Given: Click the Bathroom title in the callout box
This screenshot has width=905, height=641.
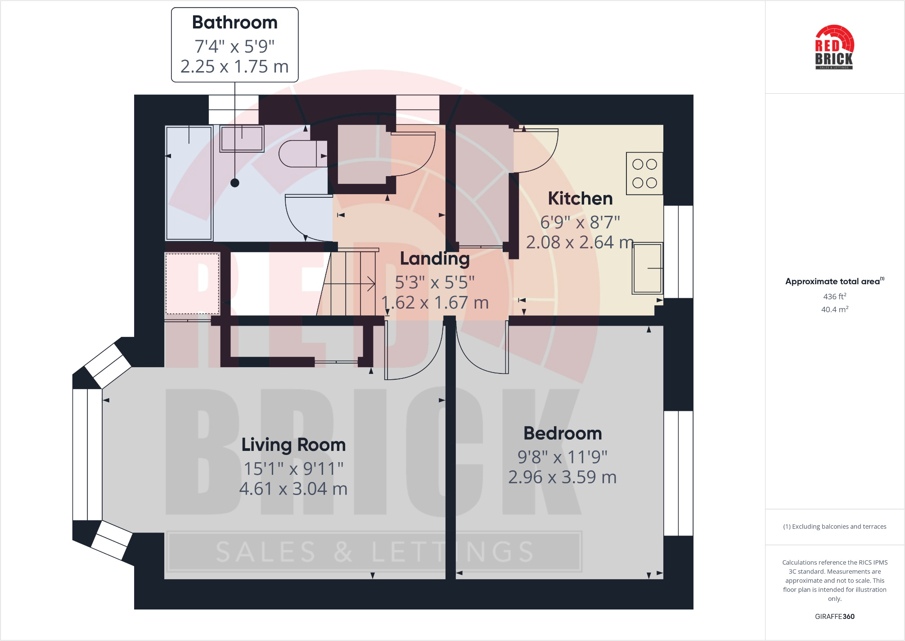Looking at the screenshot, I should coord(234,23).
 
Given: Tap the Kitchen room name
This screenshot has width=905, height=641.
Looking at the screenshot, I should coord(580,198).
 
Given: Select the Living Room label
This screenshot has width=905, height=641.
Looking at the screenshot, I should coord(293,445).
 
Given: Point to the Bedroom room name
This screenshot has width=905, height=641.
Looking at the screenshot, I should coord(562,433).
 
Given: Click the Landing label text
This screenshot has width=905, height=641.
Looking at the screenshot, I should coord(435,259).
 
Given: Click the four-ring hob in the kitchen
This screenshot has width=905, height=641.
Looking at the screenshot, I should coord(644,173).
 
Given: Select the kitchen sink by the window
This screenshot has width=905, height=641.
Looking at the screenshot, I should coord(647,268).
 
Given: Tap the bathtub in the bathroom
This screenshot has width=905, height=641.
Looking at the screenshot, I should coord(189,183).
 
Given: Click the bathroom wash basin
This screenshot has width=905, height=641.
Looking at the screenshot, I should coord(242,138).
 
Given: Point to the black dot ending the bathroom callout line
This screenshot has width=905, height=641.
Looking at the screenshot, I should coord(235,183).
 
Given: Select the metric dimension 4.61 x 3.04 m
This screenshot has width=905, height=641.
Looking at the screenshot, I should coord(293,489).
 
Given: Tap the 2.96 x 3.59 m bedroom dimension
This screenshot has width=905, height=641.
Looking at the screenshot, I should coord(562,477).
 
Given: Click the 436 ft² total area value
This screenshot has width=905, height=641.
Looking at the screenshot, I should coord(834,296).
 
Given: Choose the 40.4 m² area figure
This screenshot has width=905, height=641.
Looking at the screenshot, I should coord(834,309).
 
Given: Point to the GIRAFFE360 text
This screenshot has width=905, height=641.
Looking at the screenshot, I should coord(834,616).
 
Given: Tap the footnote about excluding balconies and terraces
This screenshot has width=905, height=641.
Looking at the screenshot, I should coord(834,527).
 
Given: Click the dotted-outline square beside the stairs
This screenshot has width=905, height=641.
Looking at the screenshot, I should coord(192,283).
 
